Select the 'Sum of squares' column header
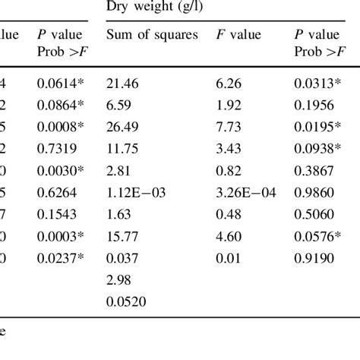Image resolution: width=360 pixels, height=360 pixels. coord(152,35)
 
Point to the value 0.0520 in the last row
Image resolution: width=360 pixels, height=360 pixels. coord(126,302)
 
